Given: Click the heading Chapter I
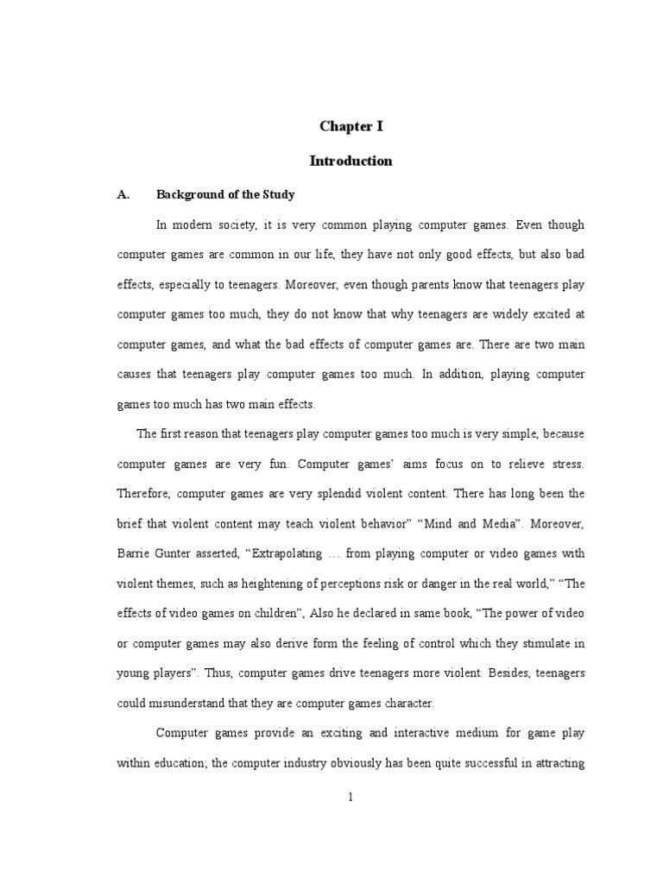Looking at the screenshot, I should click(350, 126).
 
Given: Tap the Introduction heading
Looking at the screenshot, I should click(350, 161).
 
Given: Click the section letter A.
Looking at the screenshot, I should click(123, 194).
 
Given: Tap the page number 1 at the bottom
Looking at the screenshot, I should click(350, 798).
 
